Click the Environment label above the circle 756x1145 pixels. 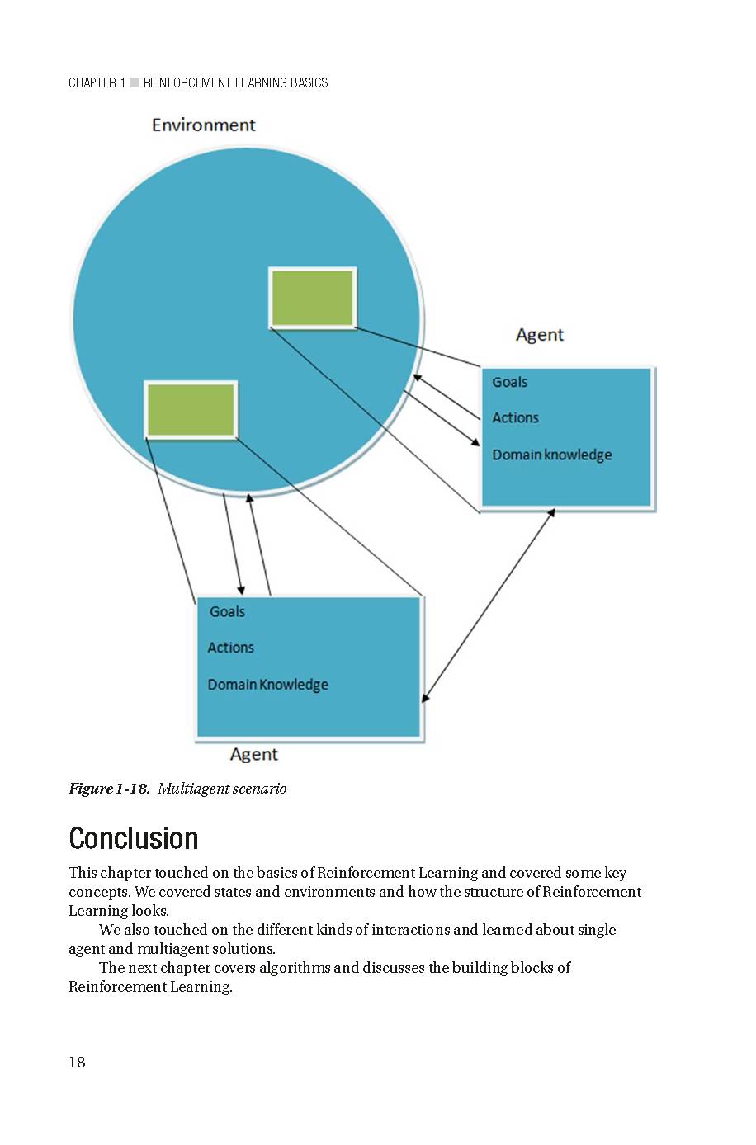(204, 125)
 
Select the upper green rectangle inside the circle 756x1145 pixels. (313, 297)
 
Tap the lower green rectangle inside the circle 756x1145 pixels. (191, 409)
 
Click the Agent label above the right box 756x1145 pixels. (540, 335)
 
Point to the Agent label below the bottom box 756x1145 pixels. (253, 755)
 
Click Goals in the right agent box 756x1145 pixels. (509, 382)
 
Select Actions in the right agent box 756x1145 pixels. (515, 418)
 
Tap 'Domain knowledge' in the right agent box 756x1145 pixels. (551, 455)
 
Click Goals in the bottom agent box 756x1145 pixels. (227, 611)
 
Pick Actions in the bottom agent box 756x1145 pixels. (230, 648)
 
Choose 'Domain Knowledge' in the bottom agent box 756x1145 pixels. (267, 685)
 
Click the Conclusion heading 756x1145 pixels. (134, 838)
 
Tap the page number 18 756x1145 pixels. (77, 1063)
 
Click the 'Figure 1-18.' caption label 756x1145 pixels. (109, 789)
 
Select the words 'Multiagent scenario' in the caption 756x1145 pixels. (222, 789)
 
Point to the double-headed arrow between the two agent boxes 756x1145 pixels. (488, 605)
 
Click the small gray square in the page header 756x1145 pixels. (135, 82)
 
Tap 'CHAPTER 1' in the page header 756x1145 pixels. (97, 82)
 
